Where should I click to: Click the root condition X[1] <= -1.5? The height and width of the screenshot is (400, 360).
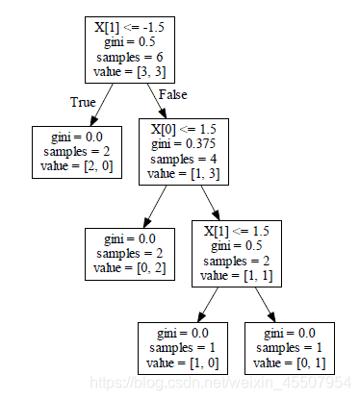130,27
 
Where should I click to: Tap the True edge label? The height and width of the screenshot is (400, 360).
83,102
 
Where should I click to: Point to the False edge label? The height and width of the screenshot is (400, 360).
172,94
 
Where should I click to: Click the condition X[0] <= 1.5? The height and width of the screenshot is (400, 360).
184,129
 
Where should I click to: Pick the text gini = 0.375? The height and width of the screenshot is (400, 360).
184,144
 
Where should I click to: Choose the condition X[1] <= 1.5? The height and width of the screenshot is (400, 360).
237,231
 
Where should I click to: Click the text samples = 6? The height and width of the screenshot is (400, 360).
130,57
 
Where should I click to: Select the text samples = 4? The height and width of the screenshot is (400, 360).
184,159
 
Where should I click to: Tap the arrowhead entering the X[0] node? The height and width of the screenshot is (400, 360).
163,114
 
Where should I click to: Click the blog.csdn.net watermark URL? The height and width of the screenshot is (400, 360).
220,383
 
